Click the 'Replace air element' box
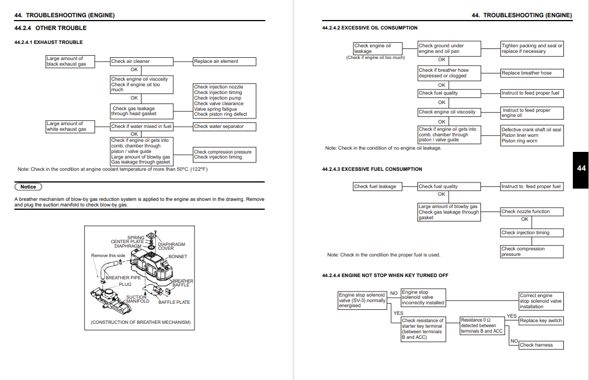click(224, 62)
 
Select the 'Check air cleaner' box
click(142, 62)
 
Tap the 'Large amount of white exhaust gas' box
click(70, 127)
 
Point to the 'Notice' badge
click(28, 187)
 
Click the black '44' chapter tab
click(581, 168)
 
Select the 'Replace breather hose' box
click(532, 73)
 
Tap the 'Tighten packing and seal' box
click(532, 48)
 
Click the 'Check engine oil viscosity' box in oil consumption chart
click(449, 112)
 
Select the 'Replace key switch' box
click(541, 320)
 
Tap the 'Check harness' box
click(541, 345)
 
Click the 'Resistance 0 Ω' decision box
click(482, 325)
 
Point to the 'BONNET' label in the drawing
click(178, 256)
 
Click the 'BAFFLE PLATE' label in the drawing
click(174, 302)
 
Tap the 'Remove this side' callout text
click(108, 256)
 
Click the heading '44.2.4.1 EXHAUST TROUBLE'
click(48, 42)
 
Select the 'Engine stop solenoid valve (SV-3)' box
click(362, 300)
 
